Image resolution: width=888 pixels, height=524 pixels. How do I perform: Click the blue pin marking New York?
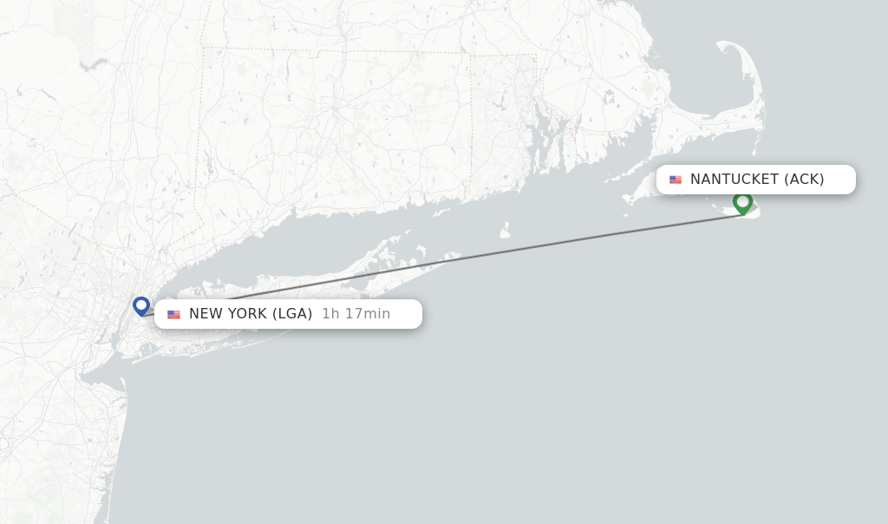[x=141, y=305]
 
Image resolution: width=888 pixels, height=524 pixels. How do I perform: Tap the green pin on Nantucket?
[x=742, y=202]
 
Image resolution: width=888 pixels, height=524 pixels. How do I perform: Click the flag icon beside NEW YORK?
[x=173, y=314]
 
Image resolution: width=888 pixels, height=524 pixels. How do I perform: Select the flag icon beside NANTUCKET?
[x=676, y=180]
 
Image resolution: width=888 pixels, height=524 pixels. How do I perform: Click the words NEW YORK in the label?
[x=228, y=314]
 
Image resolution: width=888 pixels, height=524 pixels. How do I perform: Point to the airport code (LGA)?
[x=292, y=314]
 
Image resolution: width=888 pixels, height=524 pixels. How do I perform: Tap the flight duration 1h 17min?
[x=356, y=314]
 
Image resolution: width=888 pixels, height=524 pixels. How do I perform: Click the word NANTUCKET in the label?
[x=735, y=180]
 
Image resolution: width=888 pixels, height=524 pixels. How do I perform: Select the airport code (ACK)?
[x=804, y=180]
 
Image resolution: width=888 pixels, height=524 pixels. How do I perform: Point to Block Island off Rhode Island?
[x=505, y=231]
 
